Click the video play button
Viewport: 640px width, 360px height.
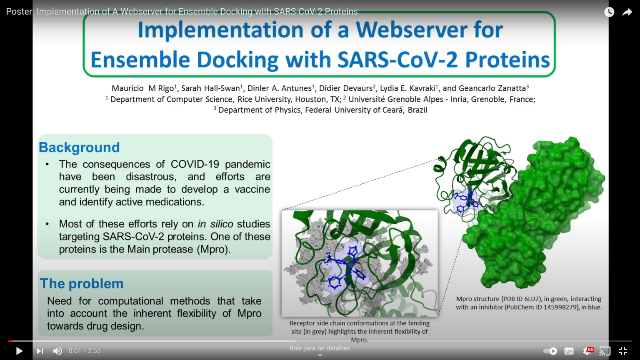pyautogui.click(x=19, y=351)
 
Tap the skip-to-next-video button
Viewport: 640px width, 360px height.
pyautogui.click(x=40, y=351)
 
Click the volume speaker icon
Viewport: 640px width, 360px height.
pyautogui.click(x=57, y=351)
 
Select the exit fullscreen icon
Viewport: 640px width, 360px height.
pyautogui.click(x=623, y=351)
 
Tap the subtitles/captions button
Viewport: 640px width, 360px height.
pyautogui.click(x=569, y=351)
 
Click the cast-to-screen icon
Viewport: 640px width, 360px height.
pyautogui.click(x=605, y=351)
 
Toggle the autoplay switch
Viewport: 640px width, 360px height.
pyautogui.click(x=550, y=351)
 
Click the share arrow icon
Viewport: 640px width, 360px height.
pyautogui.click(x=627, y=12)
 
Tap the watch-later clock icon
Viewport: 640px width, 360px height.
pyautogui.click(x=609, y=12)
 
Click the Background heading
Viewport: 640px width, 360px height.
pyautogui.click(x=79, y=147)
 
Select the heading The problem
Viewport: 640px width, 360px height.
pyautogui.click(x=82, y=283)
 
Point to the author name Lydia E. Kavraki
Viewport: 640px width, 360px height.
pyautogui.click(x=407, y=88)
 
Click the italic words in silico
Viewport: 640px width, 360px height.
pyautogui.click(x=215, y=224)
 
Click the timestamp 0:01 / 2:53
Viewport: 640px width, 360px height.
pyautogui.click(x=85, y=351)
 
